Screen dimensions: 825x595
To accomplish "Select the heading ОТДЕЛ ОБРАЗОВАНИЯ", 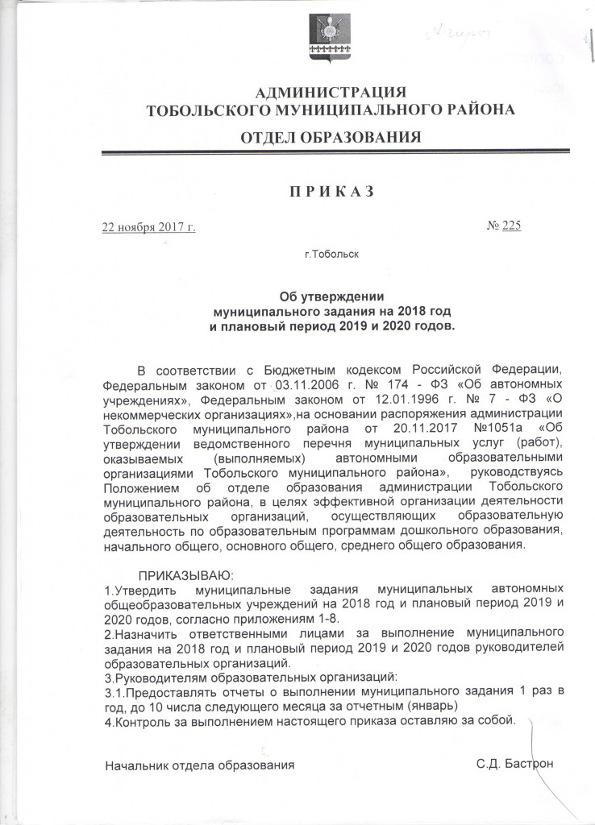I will [x=331, y=137].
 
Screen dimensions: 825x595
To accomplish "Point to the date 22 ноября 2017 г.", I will [x=147, y=227].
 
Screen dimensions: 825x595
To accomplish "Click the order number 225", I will [x=511, y=226].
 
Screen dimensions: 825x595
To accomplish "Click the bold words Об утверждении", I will [x=331, y=296].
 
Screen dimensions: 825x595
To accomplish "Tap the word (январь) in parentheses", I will [x=432, y=705].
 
